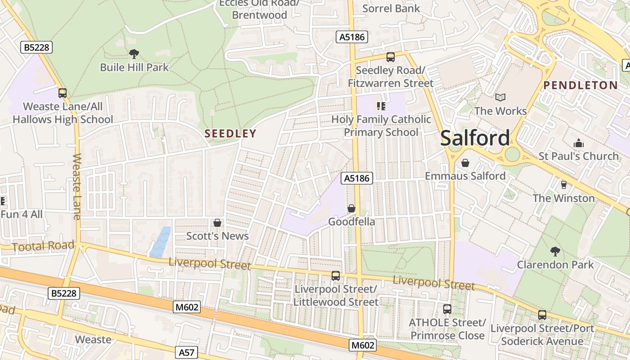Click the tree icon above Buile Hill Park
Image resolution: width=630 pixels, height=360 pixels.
pos(134,54)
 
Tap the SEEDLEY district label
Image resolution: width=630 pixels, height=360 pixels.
pos(230,133)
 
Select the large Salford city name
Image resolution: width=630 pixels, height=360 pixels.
pos(475,138)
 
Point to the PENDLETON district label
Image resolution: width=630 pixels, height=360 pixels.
pos(580,85)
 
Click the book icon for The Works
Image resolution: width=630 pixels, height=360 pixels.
pos(500,97)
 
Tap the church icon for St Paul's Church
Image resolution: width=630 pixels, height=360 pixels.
pos(578,144)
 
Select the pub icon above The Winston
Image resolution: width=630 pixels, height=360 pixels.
pos(563,185)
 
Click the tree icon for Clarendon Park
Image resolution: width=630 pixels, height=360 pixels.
pos(555,251)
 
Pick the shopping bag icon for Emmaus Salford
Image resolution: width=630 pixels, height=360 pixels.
pos(465,162)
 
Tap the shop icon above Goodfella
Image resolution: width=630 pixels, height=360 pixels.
pos(351,208)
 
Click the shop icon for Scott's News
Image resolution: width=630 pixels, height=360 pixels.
pos(217,223)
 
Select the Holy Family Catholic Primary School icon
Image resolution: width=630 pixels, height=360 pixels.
pos(381,106)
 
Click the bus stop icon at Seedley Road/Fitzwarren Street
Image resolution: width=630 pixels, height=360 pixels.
pos(390,57)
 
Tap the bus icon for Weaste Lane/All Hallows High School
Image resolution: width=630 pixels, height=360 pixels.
pos(63,93)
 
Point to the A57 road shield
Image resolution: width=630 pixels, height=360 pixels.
pos(186,352)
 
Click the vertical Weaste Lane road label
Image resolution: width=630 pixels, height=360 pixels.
pos(76,187)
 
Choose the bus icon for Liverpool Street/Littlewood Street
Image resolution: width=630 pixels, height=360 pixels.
pos(336,276)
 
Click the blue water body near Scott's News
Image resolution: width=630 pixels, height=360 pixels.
pos(161,242)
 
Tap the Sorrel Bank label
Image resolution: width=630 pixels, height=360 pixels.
pos(391,8)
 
